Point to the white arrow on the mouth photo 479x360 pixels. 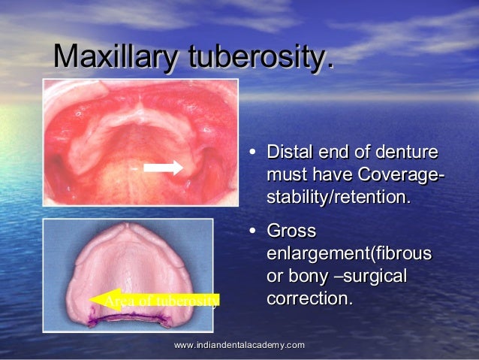(164, 168)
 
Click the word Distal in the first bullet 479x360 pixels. (291, 153)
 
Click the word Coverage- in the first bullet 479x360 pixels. (399, 176)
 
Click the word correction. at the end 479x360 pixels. (309, 298)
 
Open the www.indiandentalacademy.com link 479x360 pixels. (239, 344)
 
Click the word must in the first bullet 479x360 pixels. (288, 176)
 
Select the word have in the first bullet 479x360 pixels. (332, 176)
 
